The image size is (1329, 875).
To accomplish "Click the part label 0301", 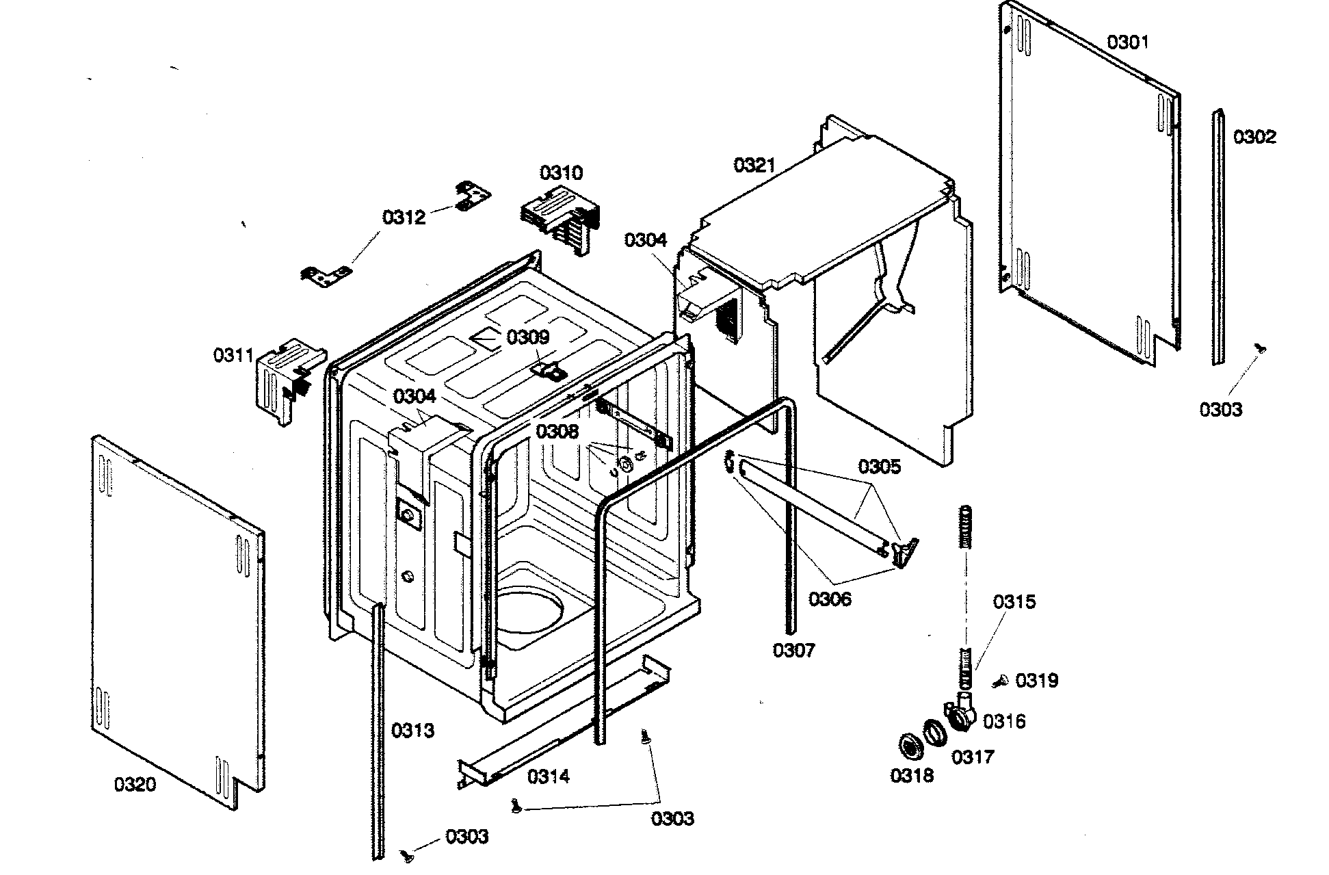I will pos(1128,42).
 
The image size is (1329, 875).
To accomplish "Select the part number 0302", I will pos(1254,137).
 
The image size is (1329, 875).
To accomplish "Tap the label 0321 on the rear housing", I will pos(754,165).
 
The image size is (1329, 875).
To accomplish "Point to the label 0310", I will pos(561,172).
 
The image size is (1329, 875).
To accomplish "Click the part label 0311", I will pos(233,355).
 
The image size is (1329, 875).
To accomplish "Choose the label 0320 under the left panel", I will pos(135,784).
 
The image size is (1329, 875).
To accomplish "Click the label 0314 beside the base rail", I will pos(549,776).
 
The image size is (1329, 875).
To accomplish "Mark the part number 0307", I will pos(794,650).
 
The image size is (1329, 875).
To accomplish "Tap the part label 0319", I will pos(1036,680).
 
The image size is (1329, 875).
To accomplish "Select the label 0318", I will pos(911,775).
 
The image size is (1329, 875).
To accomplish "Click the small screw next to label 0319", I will pos(1000,681).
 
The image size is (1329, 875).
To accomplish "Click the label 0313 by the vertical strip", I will pos(412,731).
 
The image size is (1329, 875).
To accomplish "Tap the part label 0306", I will pos(830,599).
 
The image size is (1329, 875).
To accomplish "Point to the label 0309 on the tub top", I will pos(527,337).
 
